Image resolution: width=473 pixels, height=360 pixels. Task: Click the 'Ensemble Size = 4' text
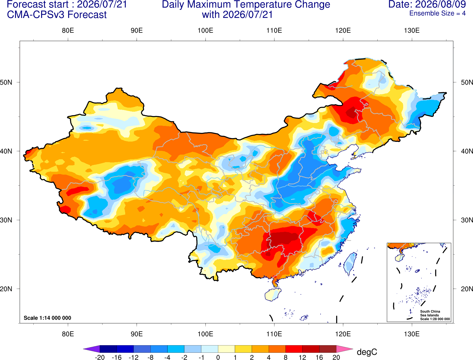(x=437, y=13)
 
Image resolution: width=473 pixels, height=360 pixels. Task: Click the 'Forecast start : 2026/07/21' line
(x=67, y=4)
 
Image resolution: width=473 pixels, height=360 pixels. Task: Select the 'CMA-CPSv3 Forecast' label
(x=57, y=15)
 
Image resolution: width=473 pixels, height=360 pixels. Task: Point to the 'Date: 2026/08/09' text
(x=427, y=4)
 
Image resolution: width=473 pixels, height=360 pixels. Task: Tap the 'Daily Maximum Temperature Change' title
(x=246, y=4)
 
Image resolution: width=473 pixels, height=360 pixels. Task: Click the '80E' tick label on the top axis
(x=68, y=30)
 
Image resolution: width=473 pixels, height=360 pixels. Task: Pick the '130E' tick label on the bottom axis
(x=412, y=334)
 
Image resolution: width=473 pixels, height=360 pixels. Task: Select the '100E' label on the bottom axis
(x=205, y=334)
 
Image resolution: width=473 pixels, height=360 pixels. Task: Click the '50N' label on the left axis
(x=6, y=82)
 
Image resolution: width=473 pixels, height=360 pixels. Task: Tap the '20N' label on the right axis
(x=467, y=289)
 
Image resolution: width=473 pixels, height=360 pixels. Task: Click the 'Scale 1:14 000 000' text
(x=48, y=318)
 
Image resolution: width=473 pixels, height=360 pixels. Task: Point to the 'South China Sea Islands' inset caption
(x=430, y=313)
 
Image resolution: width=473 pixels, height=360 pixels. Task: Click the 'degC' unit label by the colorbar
(x=367, y=352)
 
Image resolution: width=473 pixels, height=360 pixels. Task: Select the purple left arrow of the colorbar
(x=92, y=349)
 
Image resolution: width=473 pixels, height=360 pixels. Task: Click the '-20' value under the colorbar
(x=100, y=357)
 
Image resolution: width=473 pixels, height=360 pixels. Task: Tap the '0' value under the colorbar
(x=218, y=357)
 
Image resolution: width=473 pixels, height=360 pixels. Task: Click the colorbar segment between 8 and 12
(x=294, y=349)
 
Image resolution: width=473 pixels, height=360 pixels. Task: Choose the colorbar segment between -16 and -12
(x=125, y=349)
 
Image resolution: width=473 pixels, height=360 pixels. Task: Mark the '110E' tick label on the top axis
(x=274, y=30)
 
